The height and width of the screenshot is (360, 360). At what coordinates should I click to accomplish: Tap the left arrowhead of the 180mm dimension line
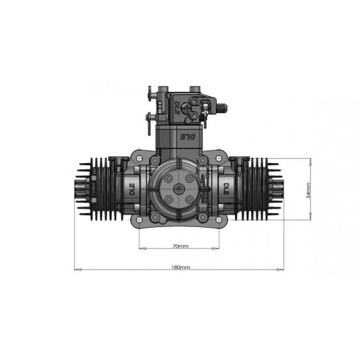tap(76, 269)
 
